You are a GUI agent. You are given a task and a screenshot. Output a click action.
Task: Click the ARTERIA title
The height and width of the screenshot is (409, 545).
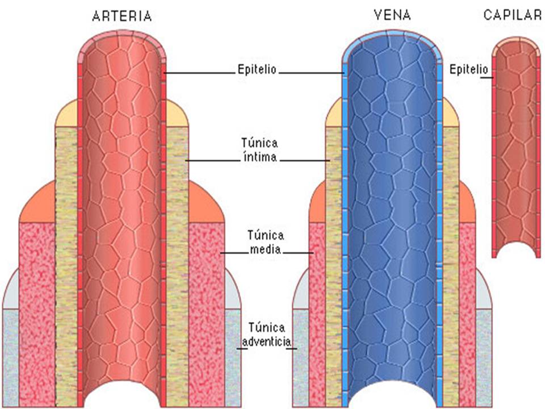click(x=122, y=16)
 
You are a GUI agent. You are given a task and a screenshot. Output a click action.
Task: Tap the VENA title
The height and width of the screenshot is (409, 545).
click(x=392, y=15)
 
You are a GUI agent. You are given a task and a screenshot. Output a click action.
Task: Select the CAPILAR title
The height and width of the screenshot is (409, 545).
click(x=513, y=15)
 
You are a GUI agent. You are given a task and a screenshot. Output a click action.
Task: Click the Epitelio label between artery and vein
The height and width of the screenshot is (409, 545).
click(x=257, y=69)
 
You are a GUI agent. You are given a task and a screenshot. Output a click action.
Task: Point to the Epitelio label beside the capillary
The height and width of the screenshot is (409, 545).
click(x=469, y=69)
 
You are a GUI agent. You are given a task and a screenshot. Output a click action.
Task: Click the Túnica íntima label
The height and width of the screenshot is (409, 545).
click(x=259, y=150)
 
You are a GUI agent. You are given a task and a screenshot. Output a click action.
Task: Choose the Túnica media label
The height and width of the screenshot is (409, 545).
click(x=266, y=242)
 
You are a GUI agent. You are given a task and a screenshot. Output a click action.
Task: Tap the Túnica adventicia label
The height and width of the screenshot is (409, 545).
click(x=267, y=335)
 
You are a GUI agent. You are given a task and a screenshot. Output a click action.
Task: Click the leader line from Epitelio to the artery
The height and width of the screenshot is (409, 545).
click(x=200, y=73)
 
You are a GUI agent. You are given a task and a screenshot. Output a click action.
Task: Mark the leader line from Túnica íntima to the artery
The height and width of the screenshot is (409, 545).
click(x=212, y=161)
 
